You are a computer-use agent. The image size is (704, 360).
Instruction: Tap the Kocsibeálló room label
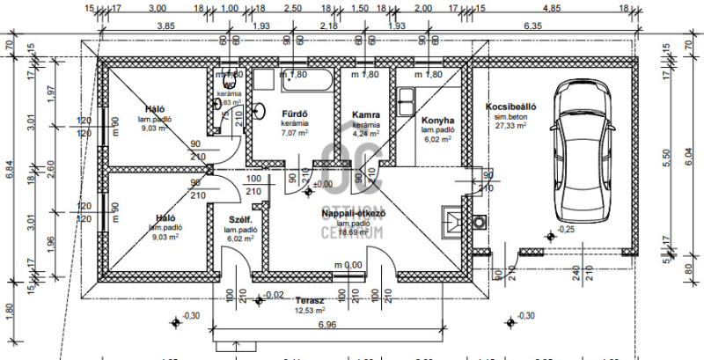coord(510,107)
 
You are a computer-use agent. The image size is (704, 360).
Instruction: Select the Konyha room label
coord(437,120)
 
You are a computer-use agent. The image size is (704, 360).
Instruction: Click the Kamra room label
coord(365,115)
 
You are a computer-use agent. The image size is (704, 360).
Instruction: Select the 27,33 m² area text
coord(510,126)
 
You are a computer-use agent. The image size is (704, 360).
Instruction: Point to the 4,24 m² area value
coord(365,135)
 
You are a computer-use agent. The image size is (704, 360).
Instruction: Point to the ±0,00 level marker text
coord(324,185)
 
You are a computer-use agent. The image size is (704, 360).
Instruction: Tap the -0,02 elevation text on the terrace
coord(275,295)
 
